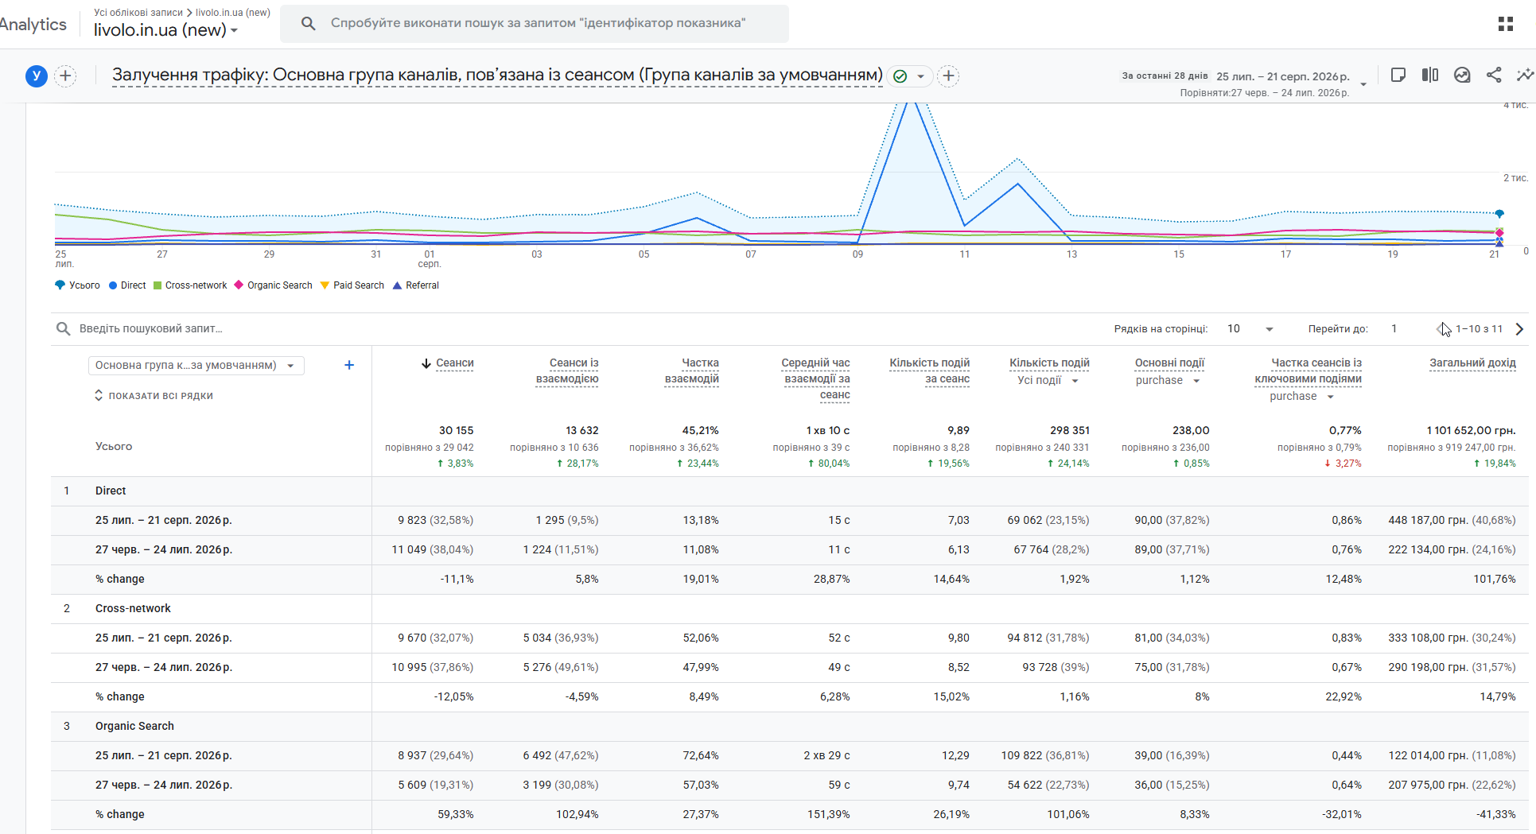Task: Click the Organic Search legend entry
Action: pyautogui.click(x=273, y=285)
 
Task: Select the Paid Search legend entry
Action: pyautogui.click(x=352, y=285)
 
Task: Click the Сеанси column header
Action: pyautogui.click(x=454, y=363)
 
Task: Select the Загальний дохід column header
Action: pyautogui.click(x=1472, y=363)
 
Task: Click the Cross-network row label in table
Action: pyautogui.click(x=133, y=608)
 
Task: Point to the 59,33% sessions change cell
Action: pyautogui.click(x=455, y=814)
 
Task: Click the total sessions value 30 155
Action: pyautogui.click(x=456, y=430)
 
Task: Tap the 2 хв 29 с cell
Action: pyautogui.click(x=826, y=755)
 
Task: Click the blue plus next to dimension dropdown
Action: pyautogui.click(x=349, y=365)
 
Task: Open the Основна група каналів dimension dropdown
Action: pyautogui.click(x=196, y=366)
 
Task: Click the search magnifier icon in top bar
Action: pyautogui.click(x=309, y=24)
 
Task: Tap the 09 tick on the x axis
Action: pyautogui.click(x=857, y=254)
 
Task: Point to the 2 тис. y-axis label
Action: pyautogui.click(x=1515, y=178)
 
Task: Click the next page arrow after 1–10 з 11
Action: pyautogui.click(x=1519, y=329)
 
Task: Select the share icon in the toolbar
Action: pyautogui.click(x=1494, y=76)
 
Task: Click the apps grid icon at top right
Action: pyautogui.click(x=1506, y=24)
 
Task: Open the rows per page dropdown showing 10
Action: pyautogui.click(x=1250, y=329)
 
